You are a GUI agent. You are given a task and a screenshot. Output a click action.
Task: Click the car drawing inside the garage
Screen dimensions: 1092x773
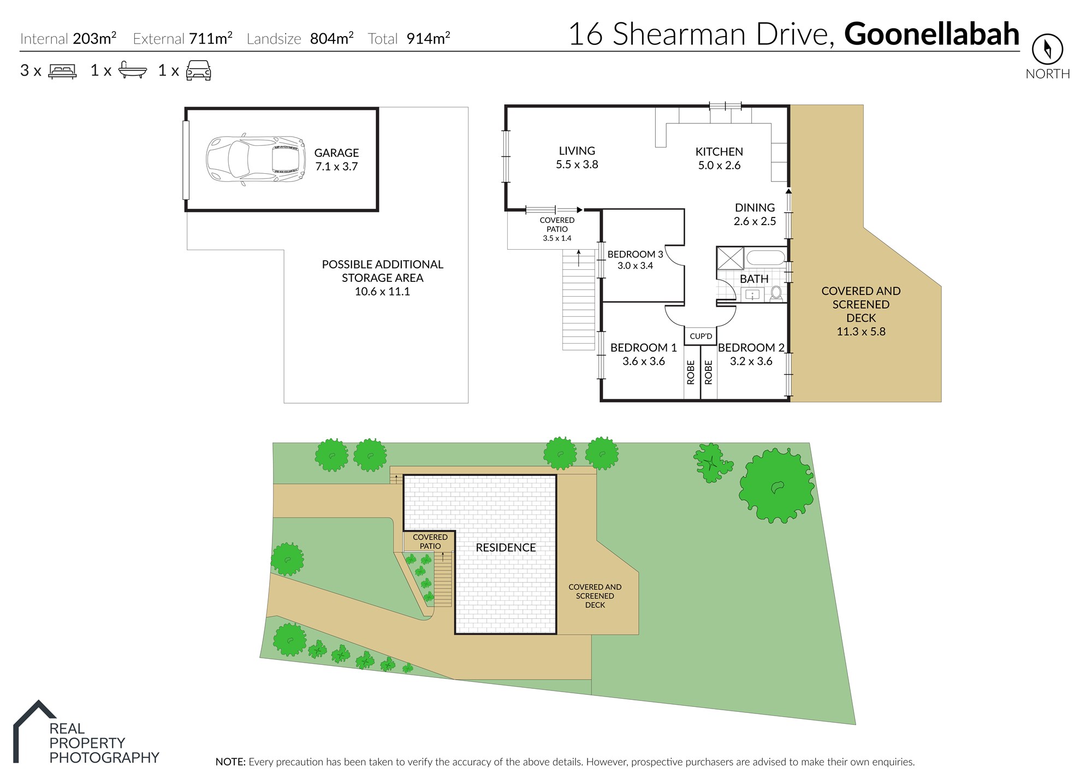(256, 159)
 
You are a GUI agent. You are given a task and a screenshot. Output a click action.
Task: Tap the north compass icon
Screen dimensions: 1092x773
(1047, 49)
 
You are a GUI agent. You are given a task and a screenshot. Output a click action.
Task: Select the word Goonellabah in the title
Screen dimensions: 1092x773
(932, 34)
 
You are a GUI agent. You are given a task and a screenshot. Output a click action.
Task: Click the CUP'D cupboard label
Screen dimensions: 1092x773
(701, 336)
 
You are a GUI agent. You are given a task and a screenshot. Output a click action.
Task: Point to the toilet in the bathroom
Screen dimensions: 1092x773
(776, 293)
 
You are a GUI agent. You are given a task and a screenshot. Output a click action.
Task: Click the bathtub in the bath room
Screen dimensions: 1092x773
(765, 257)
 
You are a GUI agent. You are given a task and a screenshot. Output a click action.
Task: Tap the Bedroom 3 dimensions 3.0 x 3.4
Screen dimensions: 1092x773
(635, 266)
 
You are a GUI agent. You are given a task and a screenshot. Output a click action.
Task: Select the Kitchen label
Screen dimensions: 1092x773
(719, 152)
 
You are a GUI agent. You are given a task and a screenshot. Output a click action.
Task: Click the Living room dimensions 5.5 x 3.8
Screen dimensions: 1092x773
(577, 164)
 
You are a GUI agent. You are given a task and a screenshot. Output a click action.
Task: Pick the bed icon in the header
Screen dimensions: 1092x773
(62, 71)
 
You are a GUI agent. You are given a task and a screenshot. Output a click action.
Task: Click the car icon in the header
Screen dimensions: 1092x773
(198, 70)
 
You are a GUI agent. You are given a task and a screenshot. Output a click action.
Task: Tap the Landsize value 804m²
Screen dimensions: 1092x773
(331, 38)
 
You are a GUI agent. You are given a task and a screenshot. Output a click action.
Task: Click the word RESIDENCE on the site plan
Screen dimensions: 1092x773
(506, 547)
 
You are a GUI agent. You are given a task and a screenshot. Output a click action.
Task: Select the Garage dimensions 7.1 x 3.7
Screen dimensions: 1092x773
(336, 167)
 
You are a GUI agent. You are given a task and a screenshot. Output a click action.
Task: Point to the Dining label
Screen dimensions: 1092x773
(755, 208)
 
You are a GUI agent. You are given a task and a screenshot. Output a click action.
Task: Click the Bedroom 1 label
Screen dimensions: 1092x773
(643, 347)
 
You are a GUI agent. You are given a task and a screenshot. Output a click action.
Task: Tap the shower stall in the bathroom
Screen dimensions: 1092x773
(730, 258)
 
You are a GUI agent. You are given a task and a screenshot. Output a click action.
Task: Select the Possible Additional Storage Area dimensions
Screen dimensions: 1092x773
(382, 292)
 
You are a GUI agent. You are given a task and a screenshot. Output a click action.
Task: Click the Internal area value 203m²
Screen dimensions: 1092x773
(94, 38)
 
